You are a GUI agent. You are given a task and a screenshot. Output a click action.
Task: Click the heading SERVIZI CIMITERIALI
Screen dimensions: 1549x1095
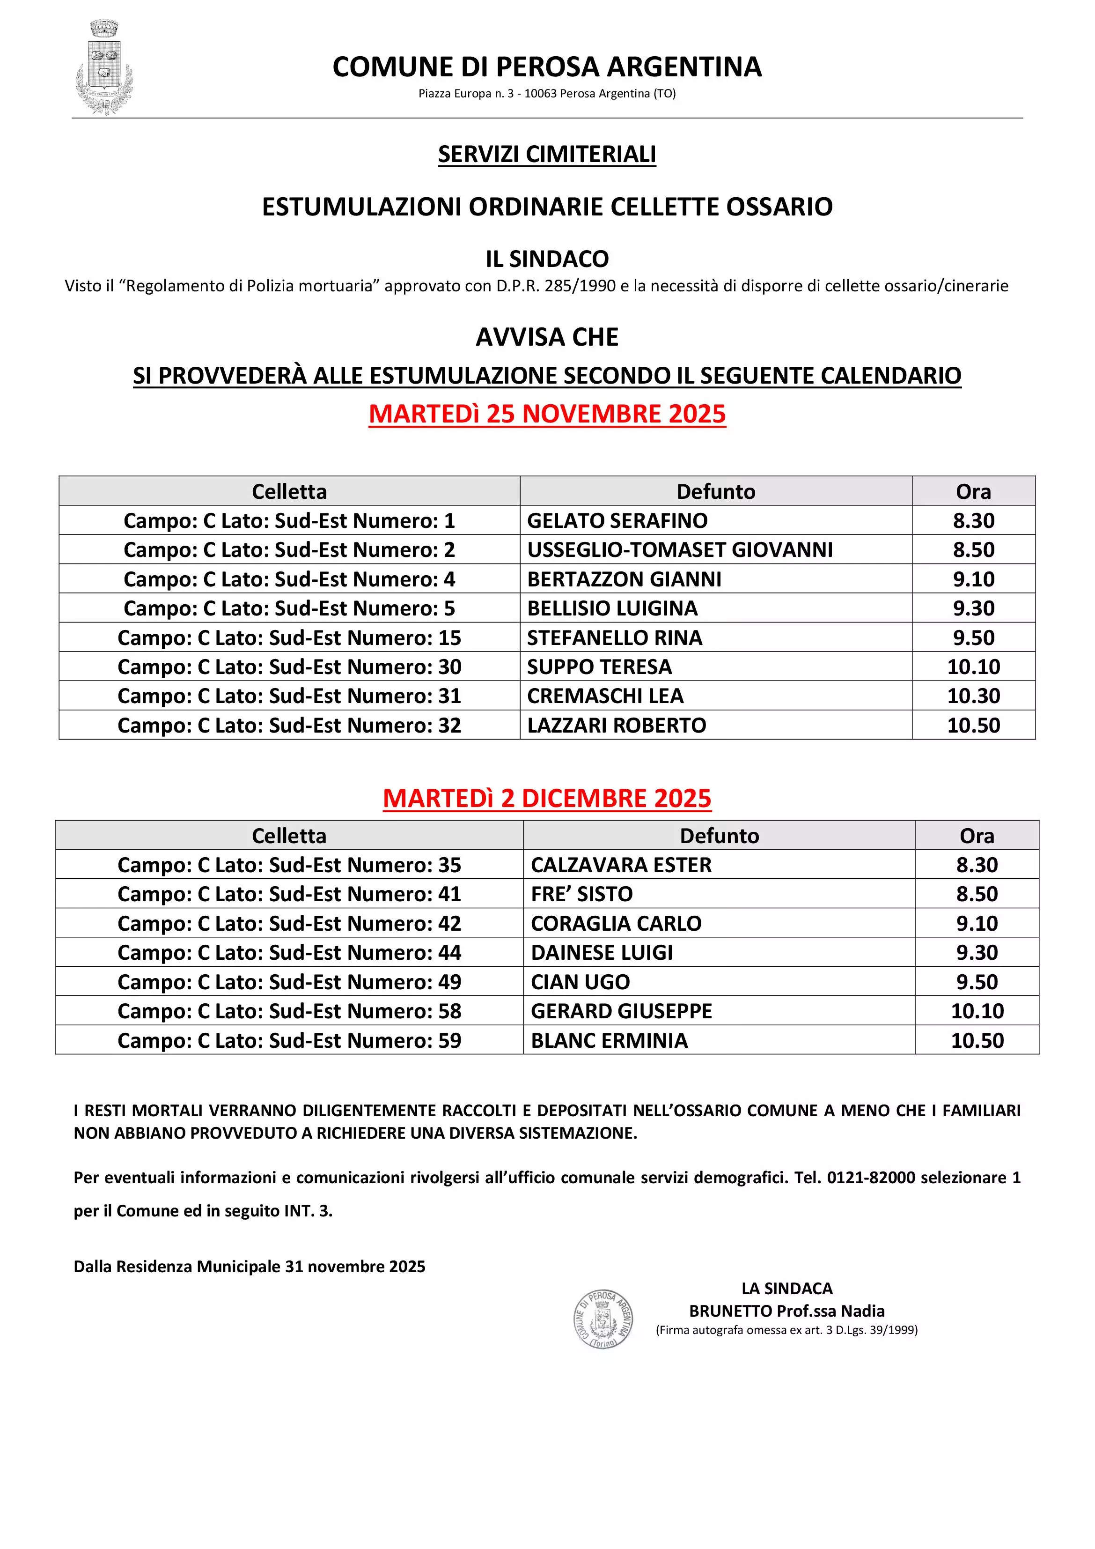(547, 155)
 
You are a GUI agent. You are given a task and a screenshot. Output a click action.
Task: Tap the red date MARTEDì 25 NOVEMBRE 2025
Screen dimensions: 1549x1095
(547, 414)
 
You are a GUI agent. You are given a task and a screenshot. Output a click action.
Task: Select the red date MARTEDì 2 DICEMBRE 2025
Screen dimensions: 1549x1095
(547, 798)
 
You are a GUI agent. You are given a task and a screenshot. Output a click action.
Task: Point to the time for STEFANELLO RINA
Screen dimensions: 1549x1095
(973, 637)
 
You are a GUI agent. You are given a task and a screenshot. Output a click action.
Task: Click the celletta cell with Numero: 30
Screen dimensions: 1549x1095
(289, 667)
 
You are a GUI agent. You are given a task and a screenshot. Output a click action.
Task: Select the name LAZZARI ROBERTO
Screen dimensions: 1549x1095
(616, 725)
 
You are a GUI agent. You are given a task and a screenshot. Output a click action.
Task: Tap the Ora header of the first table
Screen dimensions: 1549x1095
(973, 491)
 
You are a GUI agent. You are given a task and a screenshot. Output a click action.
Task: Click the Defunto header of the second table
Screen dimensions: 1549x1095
(719, 836)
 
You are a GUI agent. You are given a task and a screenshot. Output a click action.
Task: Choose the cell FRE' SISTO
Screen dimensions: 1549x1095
(581, 894)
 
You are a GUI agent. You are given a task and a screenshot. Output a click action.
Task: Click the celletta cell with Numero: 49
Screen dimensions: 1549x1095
(289, 982)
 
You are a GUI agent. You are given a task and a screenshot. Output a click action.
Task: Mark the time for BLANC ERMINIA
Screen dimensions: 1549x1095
(977, 1040)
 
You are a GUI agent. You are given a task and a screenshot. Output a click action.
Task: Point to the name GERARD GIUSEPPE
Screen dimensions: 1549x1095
(621, 1011)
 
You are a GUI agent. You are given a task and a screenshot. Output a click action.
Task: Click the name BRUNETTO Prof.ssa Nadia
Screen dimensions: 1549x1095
(786, 1311)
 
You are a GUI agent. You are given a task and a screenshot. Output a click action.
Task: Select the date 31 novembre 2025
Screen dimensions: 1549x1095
(355, 1267)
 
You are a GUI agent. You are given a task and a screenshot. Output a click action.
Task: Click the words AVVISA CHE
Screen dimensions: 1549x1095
(547, 337)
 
